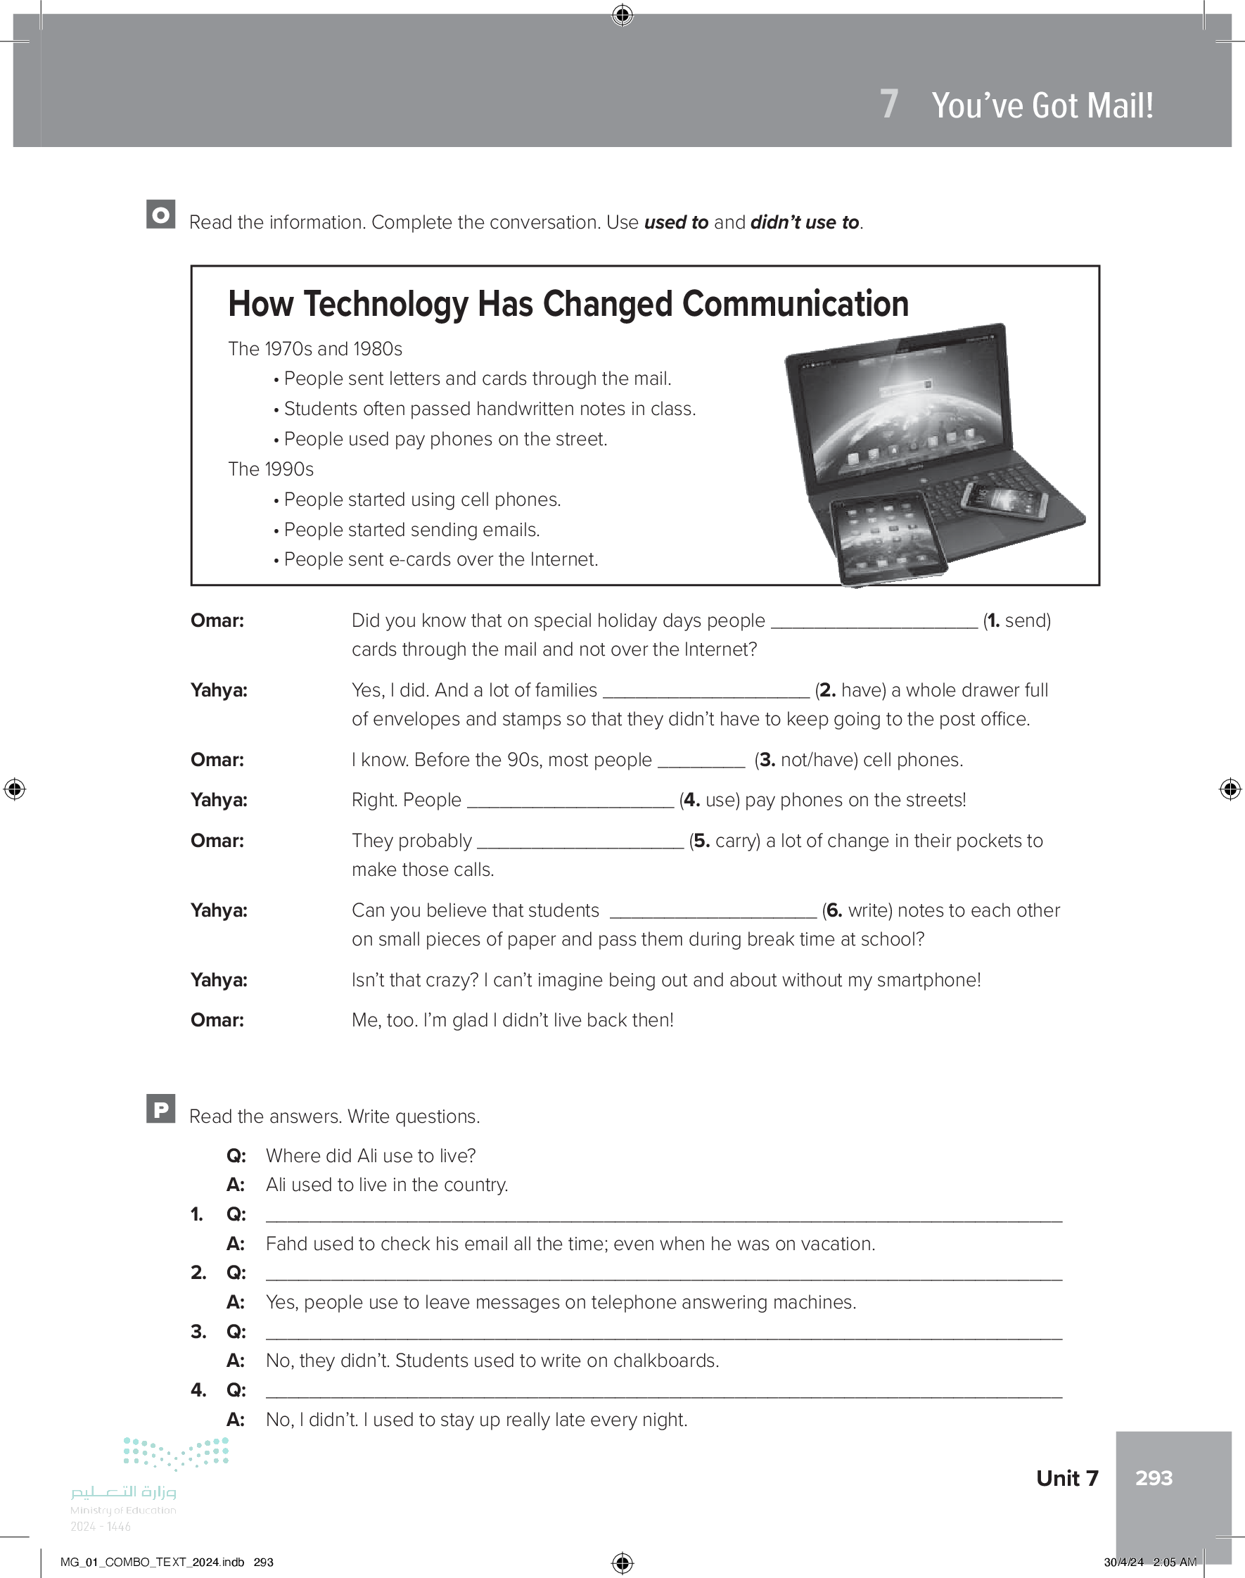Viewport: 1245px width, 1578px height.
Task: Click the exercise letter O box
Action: [160, 215]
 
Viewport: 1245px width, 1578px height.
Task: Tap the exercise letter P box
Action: [160, 1109]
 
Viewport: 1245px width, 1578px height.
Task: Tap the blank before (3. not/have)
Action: [701, 761]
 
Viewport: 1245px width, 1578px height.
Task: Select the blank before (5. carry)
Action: [580, 841]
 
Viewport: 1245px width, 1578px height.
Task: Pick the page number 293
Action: [1154, 1477]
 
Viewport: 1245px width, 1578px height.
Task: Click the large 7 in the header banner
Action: [888, 104]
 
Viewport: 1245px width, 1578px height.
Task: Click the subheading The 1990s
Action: [270, 469]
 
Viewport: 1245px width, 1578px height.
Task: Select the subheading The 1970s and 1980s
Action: [315, 349]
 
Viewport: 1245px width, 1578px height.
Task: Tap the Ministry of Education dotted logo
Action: [176, 1453]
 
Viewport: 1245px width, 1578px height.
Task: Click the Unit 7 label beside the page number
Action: [1066, 1477]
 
